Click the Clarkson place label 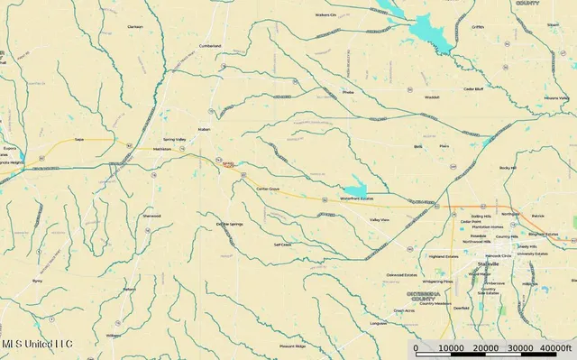click(135, 26)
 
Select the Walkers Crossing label click(325, 14)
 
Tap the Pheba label click(348, 92)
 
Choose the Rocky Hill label click(508, 168)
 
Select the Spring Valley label click(174, 140)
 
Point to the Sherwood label click(151, 216)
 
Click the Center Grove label click(268, 189)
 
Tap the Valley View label click(379, 219)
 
